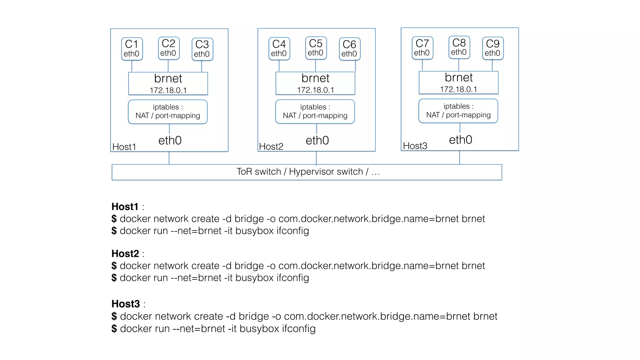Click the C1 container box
(x=132, y=49)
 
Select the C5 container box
(x=316, y=48)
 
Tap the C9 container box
(x=493, y=48)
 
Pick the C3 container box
(x=202, y=49)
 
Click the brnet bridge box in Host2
(x=315, y=83)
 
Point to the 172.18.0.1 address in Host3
(x=458, y=89)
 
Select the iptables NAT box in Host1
(x=168, y=112)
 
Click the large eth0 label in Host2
(x=317, y=140)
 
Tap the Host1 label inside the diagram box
(x=124, y=147)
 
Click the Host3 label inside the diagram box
(x=415, y=146)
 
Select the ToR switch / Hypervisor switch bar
(x=307, y=172)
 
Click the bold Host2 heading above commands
(x=125, y=253)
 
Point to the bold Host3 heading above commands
(x=126, y=304)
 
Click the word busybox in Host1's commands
(x=254, y=231)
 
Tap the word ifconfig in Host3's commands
(x=299, y=328)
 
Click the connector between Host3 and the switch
(x=459, y=157)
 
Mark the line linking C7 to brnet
(x=422, y=65)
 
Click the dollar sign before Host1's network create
(x=114, y=218)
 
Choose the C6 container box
(x=350, y=49)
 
